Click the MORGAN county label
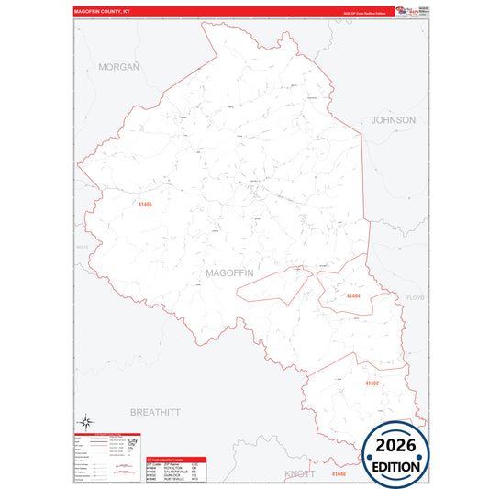point(118,67)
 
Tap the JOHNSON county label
point(393,120)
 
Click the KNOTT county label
point(299,473)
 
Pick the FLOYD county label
point(416,298)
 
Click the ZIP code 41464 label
point(353,295)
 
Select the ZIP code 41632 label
point(372,382)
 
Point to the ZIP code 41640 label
point(339,473)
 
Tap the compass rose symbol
point(85,419)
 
